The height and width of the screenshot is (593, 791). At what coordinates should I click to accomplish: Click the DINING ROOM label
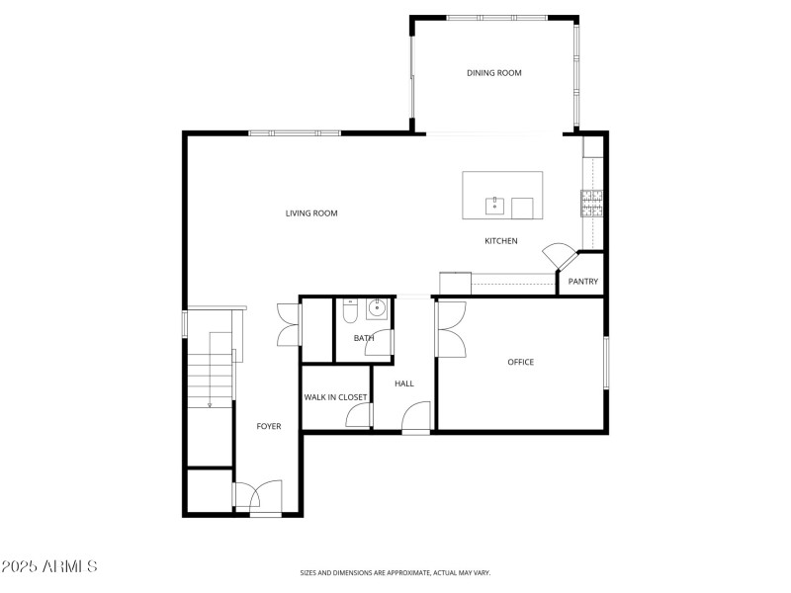tap(493, 73)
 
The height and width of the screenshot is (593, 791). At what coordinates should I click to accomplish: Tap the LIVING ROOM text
tap(311, 213)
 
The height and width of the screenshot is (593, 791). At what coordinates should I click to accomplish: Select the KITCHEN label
tap(500, 241)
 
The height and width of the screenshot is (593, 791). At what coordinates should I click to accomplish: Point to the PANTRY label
tap(583, 282)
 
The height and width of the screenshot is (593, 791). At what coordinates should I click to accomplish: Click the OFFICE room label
tap(520, 363)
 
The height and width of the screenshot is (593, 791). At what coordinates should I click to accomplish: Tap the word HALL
tap(403, 383)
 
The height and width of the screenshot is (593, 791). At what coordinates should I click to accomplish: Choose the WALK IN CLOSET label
tap(335, 397)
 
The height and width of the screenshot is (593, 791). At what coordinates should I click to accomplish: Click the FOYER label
tap(269, 427)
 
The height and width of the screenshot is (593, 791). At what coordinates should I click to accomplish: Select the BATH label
tap(364, 338)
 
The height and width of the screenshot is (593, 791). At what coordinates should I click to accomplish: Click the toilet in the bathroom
tap(349, 312)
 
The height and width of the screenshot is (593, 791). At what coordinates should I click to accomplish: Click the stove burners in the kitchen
tap(591, 202)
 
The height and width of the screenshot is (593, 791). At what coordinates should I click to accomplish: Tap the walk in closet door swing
tap(358, 417)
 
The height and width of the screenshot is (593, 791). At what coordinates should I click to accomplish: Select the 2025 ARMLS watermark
tap(49, 567)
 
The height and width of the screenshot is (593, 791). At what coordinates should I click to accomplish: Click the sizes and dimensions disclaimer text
tap(395, 572)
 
